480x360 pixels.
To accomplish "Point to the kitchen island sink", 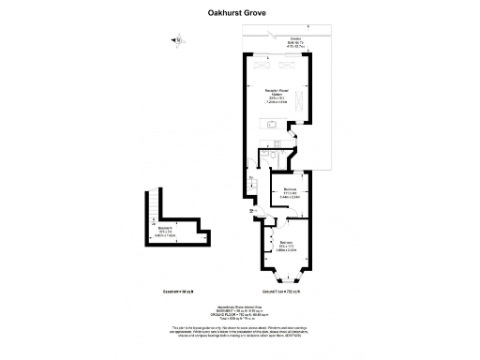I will [271, 123].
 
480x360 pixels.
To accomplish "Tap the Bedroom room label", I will [287, 246].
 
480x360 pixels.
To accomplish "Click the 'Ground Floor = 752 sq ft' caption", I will [287, 292].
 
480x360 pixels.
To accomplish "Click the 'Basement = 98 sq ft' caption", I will [161, 292].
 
